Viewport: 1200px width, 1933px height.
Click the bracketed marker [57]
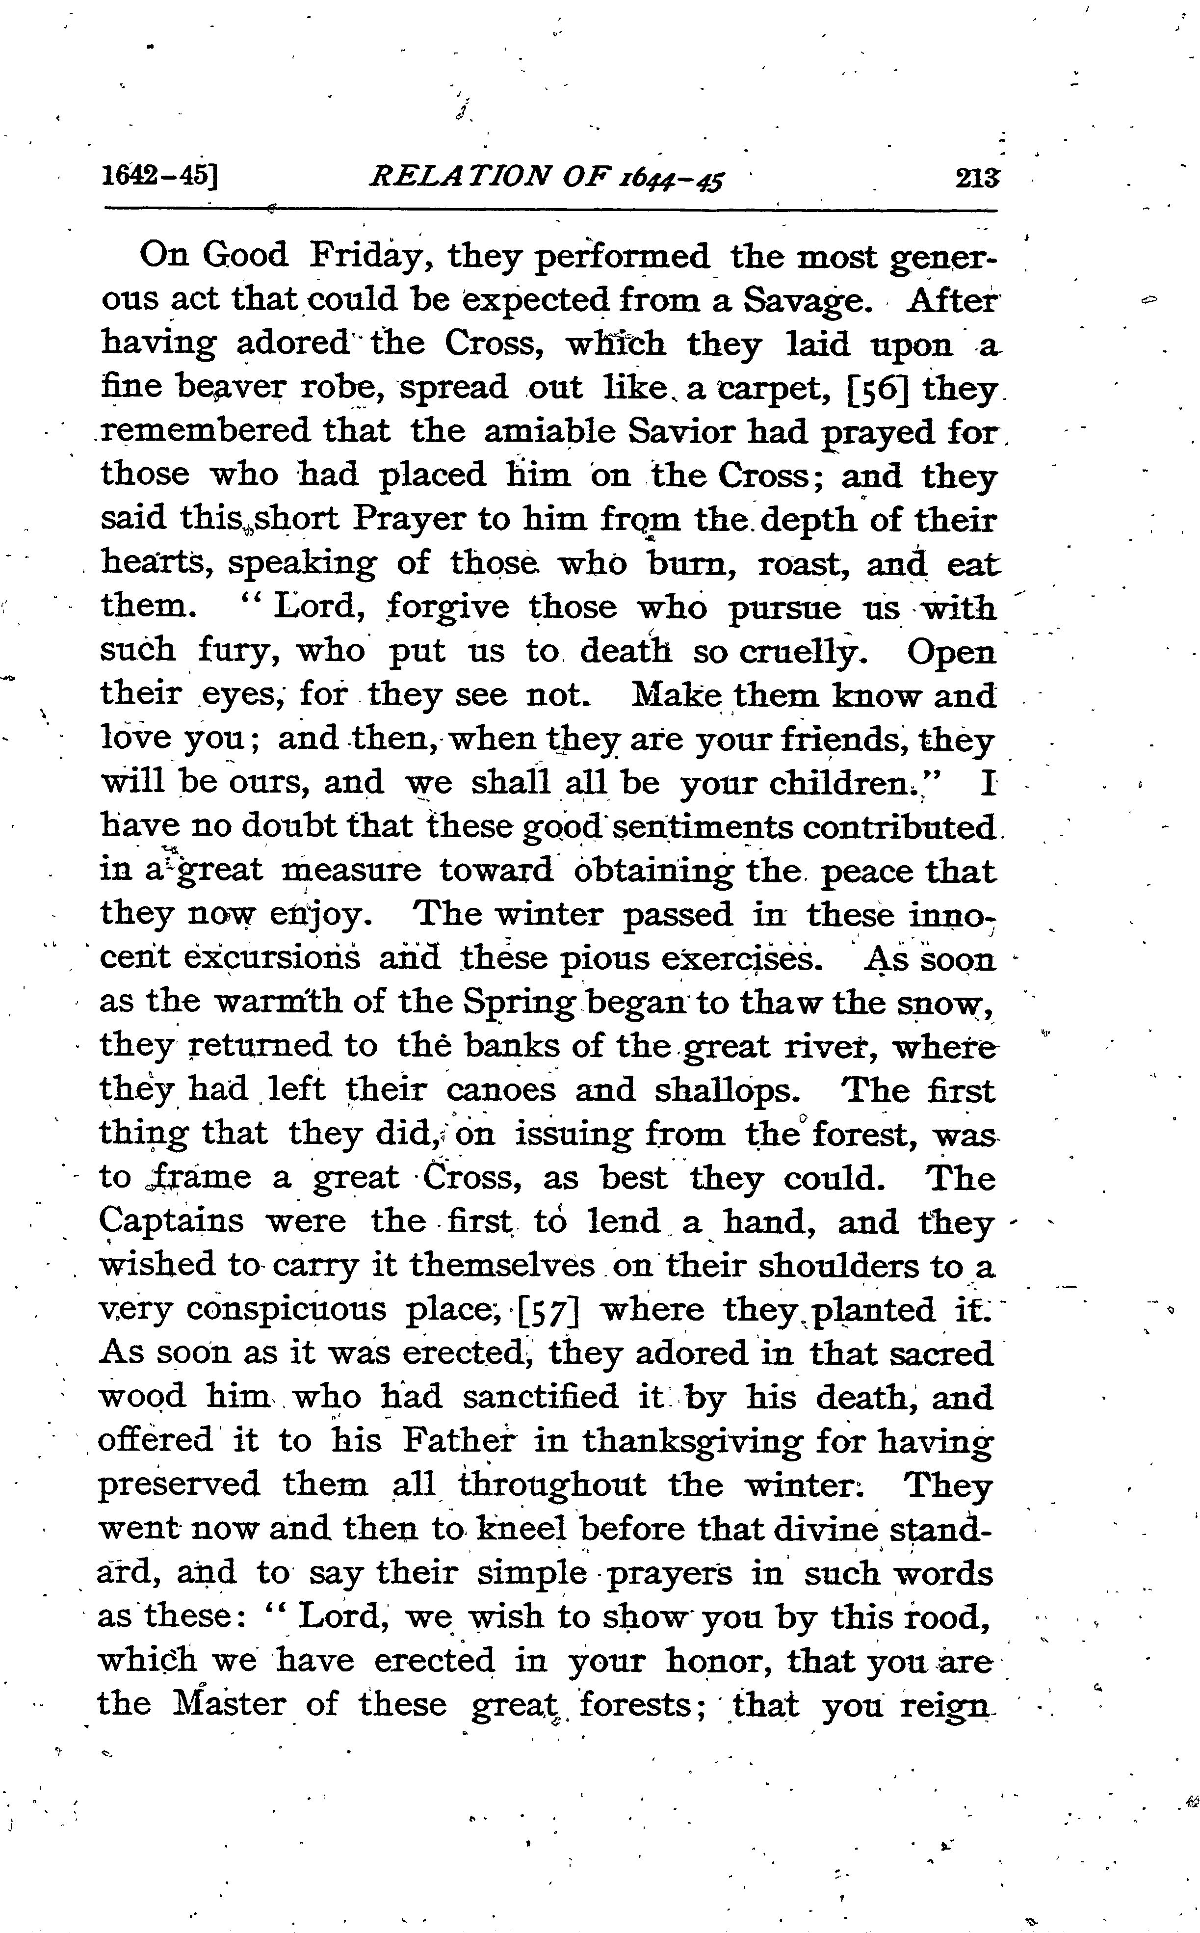pos(547,1310)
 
